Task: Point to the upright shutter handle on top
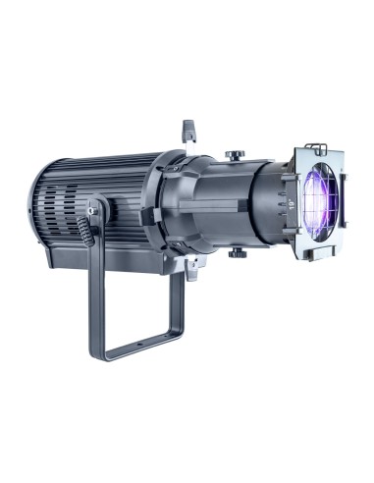[187, 129]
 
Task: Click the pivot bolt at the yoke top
[93, 208]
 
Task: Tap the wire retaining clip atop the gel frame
[314, 147]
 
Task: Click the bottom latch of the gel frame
[312, 257]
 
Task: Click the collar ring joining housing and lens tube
[167, 201]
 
